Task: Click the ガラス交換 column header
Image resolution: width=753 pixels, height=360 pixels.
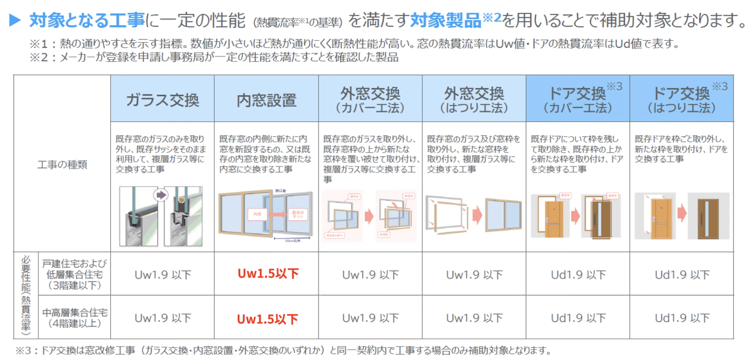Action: pyautogui.click(x=162, y=100)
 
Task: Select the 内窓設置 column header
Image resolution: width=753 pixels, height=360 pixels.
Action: pyautogui.click(x=266, y=100)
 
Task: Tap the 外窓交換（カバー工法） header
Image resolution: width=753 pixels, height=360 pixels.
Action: pyautogui.click(x=370, y=100)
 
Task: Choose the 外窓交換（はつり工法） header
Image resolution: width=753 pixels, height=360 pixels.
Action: pyautogui.click(x=474, y=100)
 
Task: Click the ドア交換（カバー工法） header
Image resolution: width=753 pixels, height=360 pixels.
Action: pyautogui.click(x=578, y=100)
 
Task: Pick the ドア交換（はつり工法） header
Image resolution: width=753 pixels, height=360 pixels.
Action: pyautogui.click(x=681, y=100)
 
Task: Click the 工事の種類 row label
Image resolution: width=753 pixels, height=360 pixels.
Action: pyautogui.click(x=62, y=165)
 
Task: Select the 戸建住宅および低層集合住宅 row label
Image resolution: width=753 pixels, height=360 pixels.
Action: pyautogui.click(x=74, y=274)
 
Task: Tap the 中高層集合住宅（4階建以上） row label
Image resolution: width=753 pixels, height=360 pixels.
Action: pyautogui.click(x=74, y=318)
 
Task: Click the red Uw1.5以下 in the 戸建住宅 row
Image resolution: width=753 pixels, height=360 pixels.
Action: pyautogui.click(x=268, y=274)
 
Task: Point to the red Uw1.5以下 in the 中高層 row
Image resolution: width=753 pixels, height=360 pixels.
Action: pyautogui.click(x=268, y=319)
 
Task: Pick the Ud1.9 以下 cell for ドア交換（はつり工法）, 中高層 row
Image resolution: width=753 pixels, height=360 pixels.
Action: pyautogui.click(x=682, y=318)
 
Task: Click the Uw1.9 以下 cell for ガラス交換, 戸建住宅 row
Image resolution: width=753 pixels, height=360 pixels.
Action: pyautogui.click(x=163, y=275)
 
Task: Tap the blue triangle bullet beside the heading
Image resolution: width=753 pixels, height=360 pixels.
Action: pyautogui.click(x=15, y=20)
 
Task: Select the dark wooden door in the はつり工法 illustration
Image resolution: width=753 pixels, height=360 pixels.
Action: pyautogui.click(x=708, y=218)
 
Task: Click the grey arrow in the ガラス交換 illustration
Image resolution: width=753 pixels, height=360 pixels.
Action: pyautogui.click(x=161, y=195)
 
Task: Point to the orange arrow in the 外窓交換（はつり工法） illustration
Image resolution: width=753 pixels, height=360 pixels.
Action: pyautogui.click(x=477, y=214)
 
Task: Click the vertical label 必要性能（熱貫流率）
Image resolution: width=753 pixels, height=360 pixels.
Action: pyautogui.click(x=26, y=295)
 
